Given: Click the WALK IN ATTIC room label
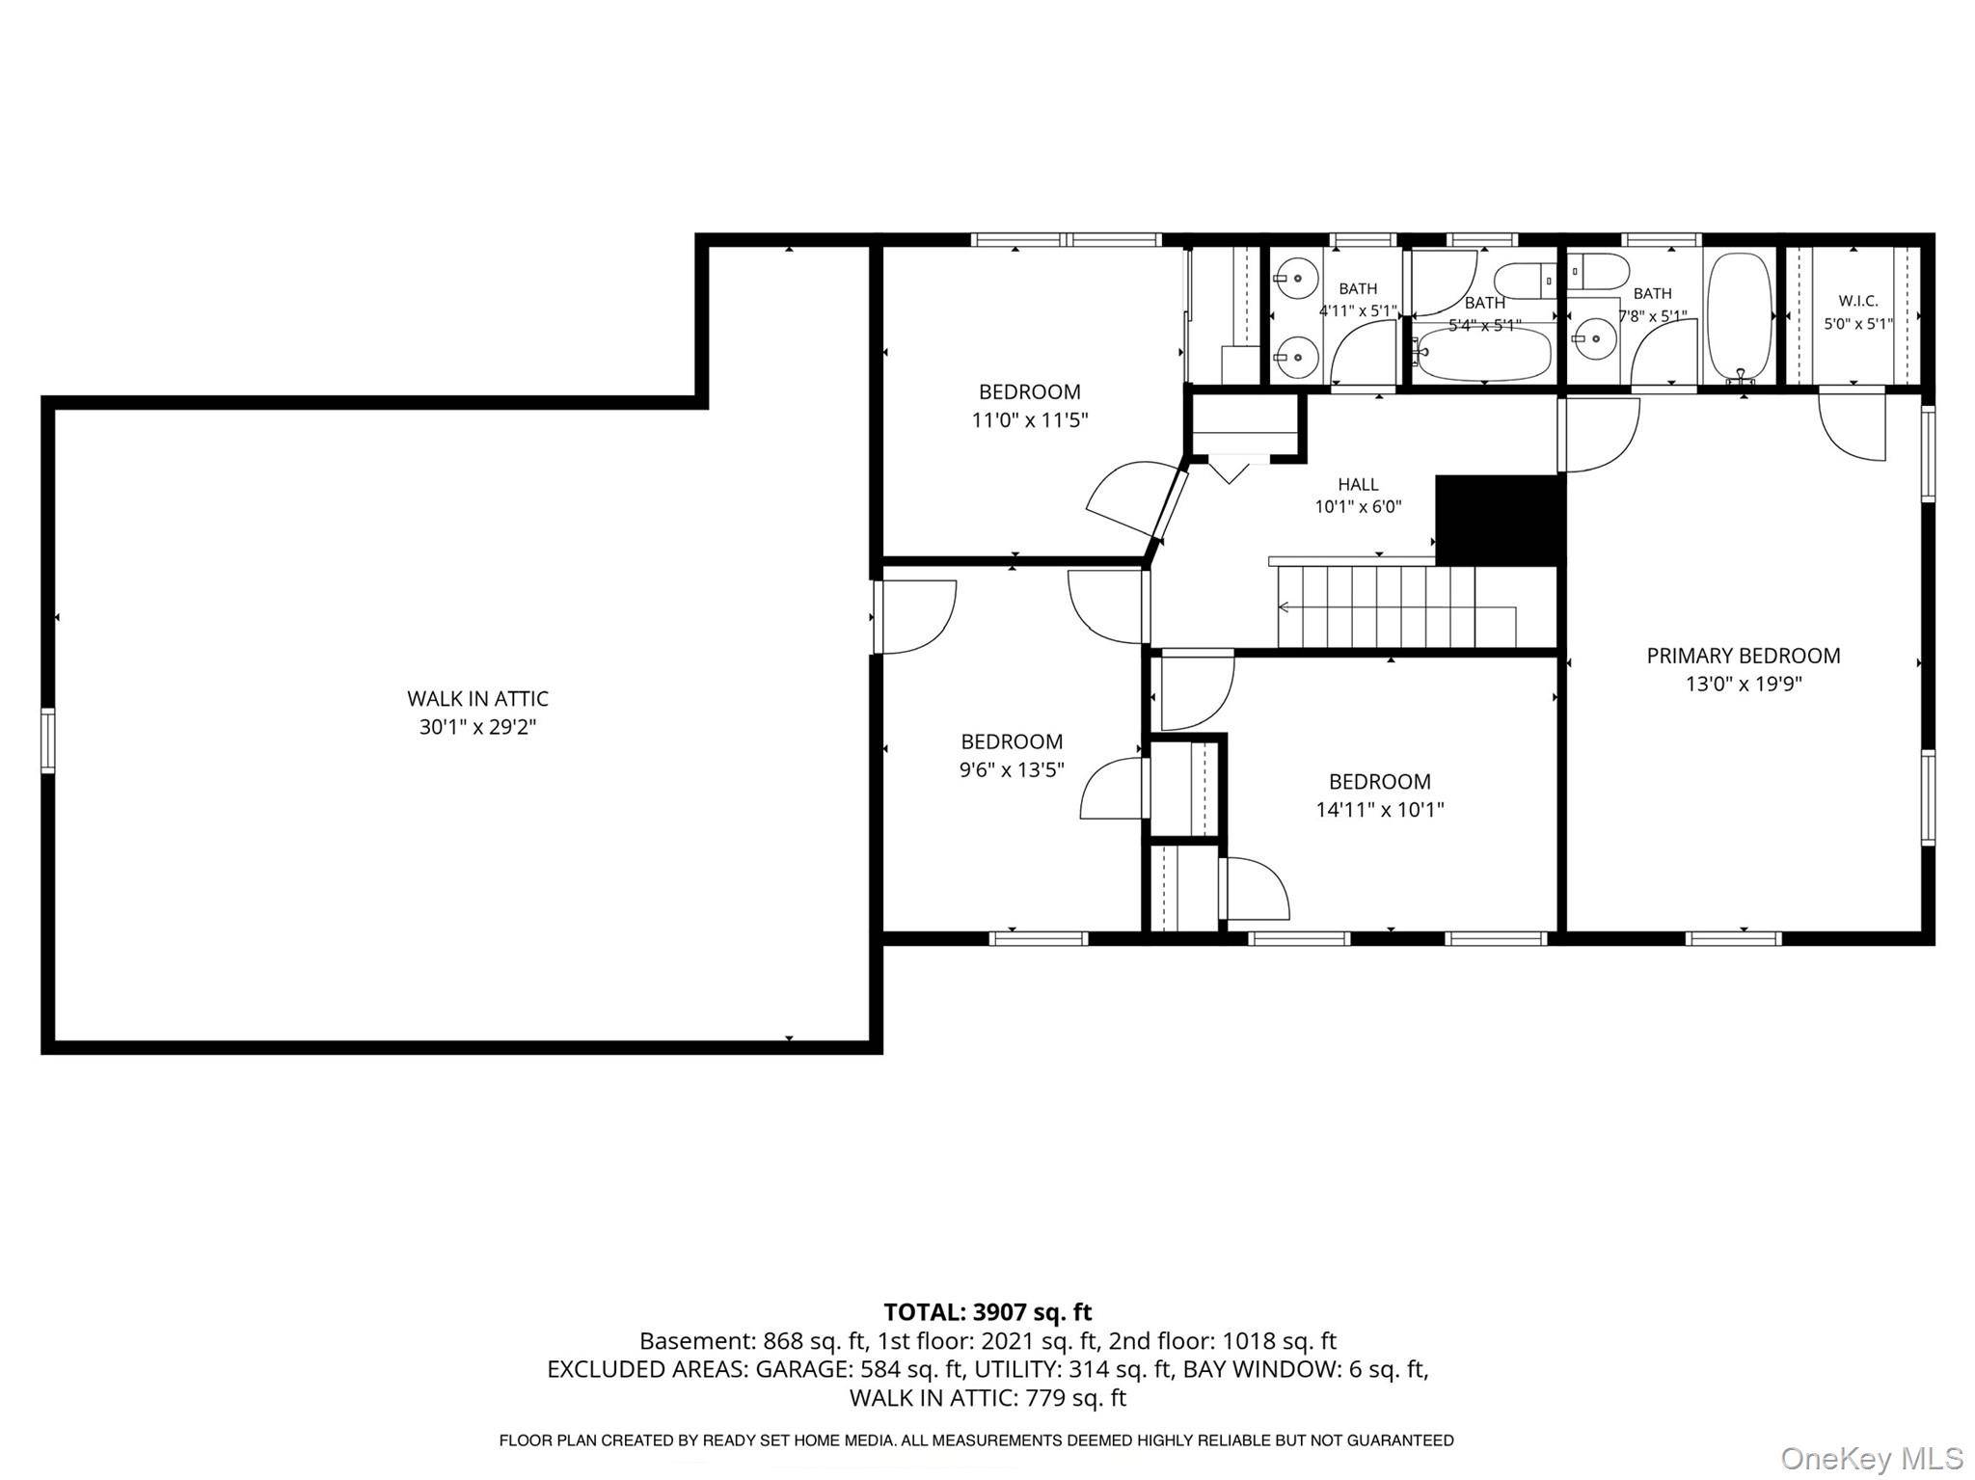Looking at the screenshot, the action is click(x=477, y=698).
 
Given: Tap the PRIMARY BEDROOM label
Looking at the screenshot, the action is click(x=1743, y=656).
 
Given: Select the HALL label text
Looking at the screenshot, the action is click(x=1358, y=484).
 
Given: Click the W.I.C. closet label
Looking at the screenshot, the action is click(x=1857, y=301).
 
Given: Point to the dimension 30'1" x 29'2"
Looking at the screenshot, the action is click(x=477, y=727).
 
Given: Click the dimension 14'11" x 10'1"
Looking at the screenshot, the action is click(x=1380, y=810).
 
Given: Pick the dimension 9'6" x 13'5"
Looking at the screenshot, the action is click(x=1012, y=770).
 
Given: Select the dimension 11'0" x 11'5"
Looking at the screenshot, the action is click(x=1029, y=420).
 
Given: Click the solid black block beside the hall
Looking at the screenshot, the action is click(x=1498, y=521).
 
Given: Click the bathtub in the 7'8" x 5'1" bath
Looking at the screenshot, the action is click(x=1740, y=316).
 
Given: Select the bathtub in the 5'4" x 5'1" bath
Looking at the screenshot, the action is click(x=1484, y=355).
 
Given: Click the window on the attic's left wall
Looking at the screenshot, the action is click(x=47, y=740).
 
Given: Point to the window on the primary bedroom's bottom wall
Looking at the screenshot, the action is click(x=1733, y=938).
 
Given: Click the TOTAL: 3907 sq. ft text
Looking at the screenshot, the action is click(x=987, y=1312).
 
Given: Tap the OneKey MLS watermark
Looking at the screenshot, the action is click(x=1872, y=1458).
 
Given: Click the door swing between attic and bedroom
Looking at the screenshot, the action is click(x=915, y=617).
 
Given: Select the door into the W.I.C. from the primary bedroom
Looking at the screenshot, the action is click(x=1852, y=425).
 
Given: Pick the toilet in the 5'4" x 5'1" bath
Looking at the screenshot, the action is click(x=1525, y=280).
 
